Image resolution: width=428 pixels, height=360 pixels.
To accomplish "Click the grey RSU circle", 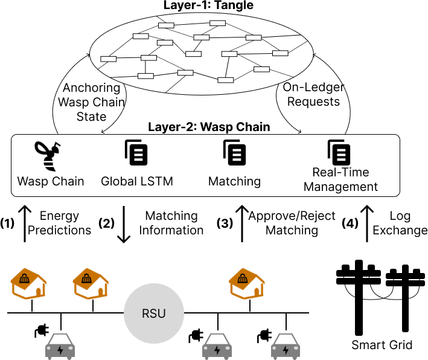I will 154,313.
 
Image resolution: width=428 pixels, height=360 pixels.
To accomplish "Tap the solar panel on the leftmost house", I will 24,278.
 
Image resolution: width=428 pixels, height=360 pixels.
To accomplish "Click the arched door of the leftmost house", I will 39,292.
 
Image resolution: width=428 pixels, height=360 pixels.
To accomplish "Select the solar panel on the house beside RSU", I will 86,278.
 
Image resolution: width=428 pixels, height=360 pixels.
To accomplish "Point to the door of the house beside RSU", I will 101,292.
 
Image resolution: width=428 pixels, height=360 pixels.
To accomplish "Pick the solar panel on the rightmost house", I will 243,278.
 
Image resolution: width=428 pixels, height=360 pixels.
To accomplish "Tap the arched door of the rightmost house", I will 257,292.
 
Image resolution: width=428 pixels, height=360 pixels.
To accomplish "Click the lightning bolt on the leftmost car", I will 60,350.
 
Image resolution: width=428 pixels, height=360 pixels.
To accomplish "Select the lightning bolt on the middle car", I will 217,350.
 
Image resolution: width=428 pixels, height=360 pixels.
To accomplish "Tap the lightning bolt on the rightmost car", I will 286,350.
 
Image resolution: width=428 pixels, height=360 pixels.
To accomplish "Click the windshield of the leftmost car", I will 60,339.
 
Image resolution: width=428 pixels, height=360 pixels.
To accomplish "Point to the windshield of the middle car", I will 217,339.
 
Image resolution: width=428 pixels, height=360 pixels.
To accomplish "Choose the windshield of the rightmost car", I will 286,339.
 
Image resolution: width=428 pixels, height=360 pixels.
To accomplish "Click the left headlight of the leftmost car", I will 50,349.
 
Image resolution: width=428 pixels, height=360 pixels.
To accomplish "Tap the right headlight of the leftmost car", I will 71,349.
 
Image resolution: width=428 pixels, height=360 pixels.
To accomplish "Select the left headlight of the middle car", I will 206,349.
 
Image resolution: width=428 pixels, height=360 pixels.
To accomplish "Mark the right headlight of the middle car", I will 228,349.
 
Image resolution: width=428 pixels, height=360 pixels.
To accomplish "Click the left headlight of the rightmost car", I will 275,349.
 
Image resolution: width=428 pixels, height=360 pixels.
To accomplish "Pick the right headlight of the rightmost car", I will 296,349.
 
